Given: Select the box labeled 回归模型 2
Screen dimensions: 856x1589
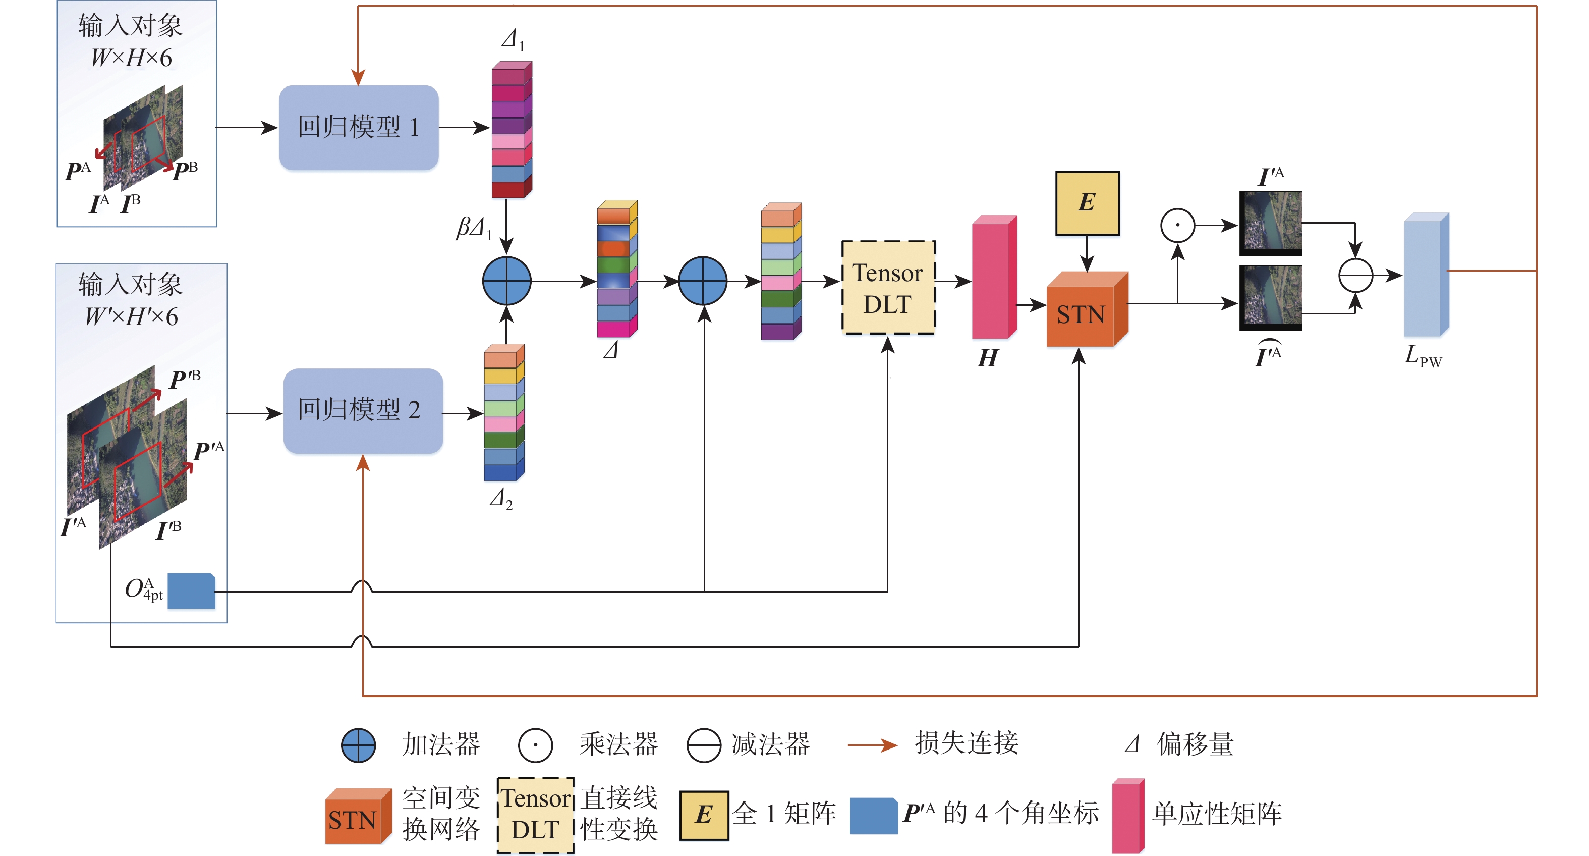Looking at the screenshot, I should click(x=363, y=410).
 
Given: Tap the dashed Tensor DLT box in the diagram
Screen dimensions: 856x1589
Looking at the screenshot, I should click(x=888, y=288).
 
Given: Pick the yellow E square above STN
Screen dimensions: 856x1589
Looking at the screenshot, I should click(x=1087, y=203).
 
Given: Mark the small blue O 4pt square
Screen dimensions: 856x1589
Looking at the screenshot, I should click(x=191, y=591).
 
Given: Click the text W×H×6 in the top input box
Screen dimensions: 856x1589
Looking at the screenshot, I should click(x=131, y=58).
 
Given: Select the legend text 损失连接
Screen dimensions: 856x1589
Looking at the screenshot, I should click(x=966, y=743).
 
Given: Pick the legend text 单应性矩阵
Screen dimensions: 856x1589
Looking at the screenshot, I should click(x=1216, y=814).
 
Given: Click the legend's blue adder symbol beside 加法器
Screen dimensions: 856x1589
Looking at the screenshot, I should click(x=358, y=745).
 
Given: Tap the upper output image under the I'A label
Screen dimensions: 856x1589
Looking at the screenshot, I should click(x=1270, y=222).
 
